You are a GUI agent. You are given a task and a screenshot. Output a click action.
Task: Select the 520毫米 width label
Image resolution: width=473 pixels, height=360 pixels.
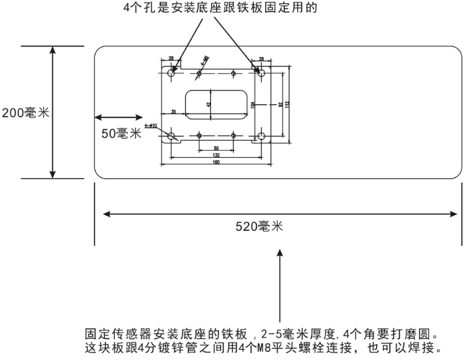click(263, 226)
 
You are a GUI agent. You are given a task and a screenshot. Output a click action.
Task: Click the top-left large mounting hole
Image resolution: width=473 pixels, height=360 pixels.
click(172, 73)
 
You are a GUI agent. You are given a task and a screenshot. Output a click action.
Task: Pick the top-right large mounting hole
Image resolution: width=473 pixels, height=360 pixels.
click(261, 73)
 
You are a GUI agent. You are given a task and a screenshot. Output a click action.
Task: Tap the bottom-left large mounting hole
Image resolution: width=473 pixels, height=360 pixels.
click(172, 136)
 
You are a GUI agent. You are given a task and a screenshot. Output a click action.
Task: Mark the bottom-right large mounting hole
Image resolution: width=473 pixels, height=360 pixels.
click(261, 136)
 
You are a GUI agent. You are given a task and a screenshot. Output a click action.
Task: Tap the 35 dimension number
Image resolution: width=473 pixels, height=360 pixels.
click(173, 111)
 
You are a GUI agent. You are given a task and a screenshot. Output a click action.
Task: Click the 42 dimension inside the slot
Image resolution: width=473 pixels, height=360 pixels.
click(209, 104)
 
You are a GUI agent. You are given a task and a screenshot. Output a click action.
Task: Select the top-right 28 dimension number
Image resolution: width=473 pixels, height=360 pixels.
click(261, 59)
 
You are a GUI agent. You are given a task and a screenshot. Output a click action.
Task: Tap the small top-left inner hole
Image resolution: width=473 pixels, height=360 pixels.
click(199, 74)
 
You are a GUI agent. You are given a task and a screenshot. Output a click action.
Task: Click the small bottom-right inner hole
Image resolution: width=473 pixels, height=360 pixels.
click(233, 135)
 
